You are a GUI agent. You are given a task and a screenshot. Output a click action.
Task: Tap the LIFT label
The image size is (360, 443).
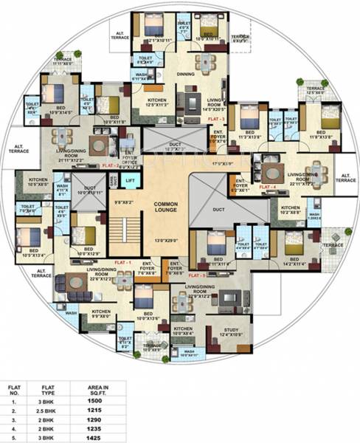(x=130, y=180)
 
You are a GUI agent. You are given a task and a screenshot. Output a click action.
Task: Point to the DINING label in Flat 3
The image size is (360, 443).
(x=186, y=74)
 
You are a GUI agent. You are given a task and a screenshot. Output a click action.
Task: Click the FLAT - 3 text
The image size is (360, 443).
(x=215, y=117)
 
